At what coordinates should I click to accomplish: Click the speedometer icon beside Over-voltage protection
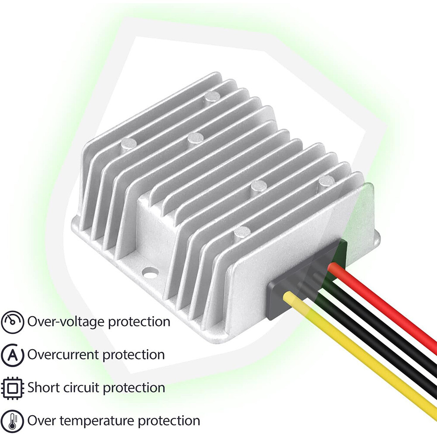coord(13,322)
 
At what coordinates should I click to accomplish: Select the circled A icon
coord(13,355)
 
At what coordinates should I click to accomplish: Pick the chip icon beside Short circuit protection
coord(13,388)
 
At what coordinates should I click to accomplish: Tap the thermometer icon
coord(13,420)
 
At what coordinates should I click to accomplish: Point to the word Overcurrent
coord(63,355)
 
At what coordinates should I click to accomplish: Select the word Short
coord(42,388)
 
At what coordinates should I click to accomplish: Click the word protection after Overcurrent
coord(134,355)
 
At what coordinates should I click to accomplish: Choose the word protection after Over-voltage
coord(139,322)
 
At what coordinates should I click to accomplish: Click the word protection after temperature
coord(169,421)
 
